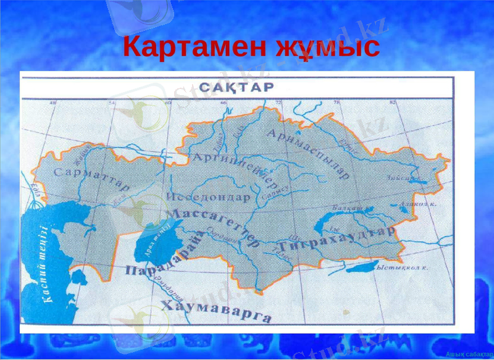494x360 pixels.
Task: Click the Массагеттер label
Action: (213, 226)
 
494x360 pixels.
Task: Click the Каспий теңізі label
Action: (43, 266)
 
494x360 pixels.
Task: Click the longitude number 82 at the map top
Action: (393, 103)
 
